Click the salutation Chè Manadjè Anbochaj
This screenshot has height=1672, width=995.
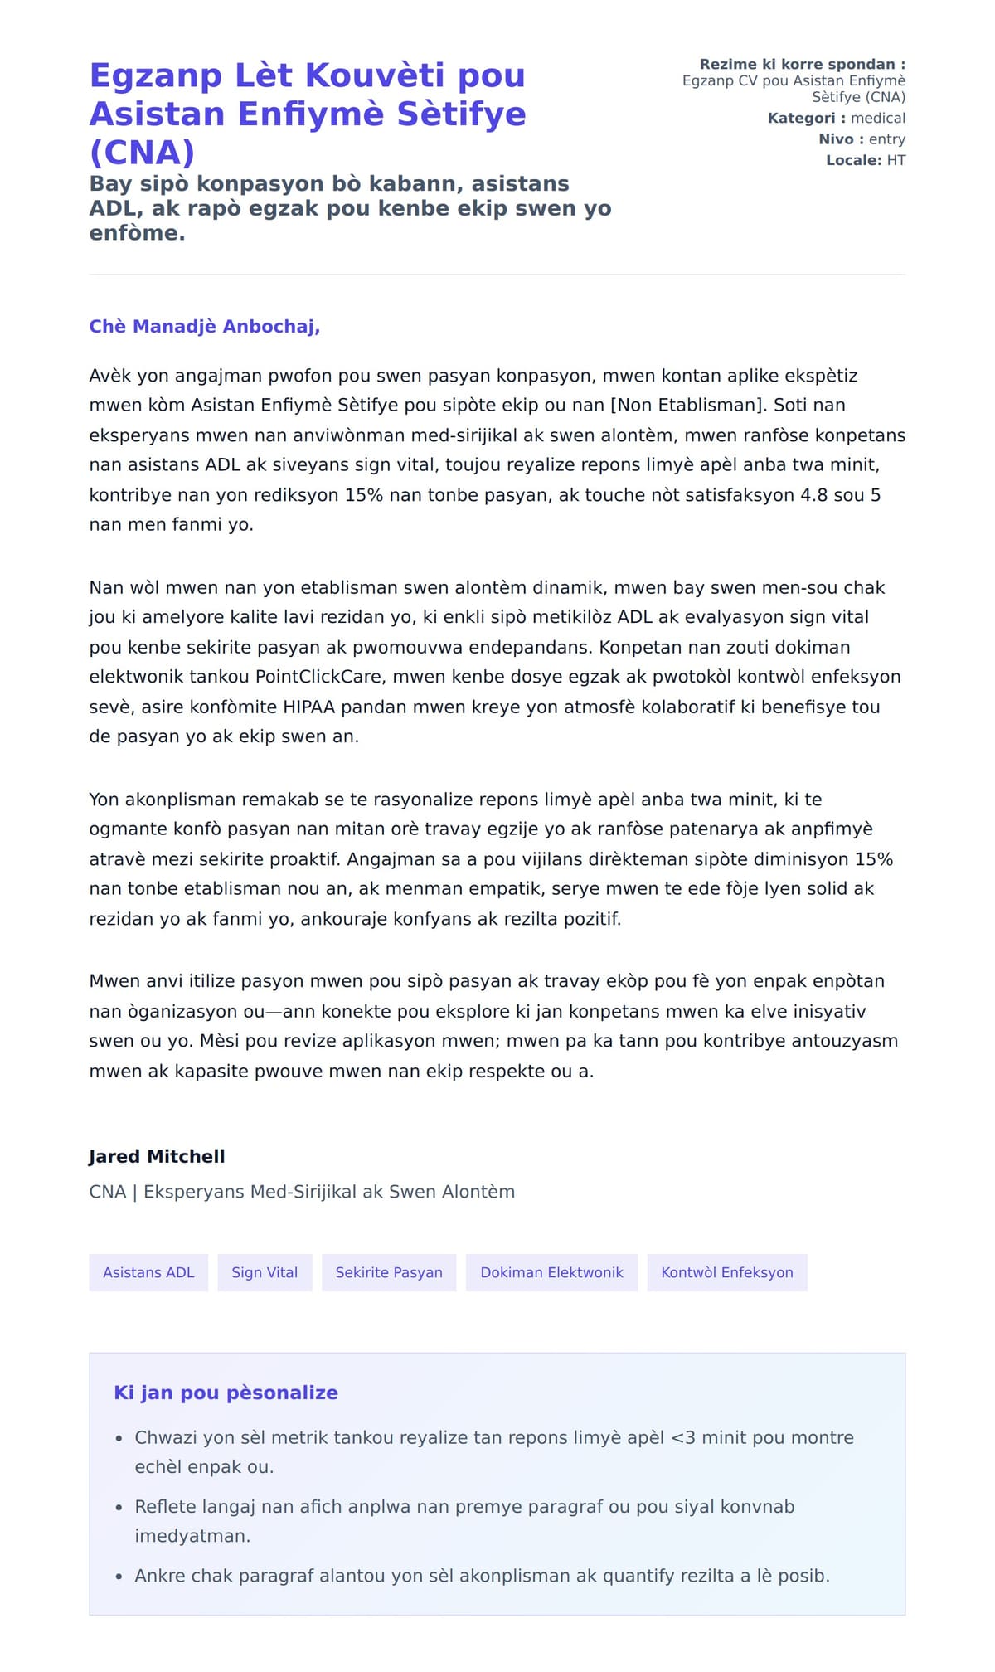[204, 327]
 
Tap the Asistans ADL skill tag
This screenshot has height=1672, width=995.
[148, 1272]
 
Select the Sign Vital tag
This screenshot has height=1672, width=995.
[265, 1272]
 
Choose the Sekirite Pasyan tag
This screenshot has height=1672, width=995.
[389, 1272]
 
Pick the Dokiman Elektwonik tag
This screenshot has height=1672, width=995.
[551, 1272]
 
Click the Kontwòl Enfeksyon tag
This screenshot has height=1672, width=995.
[727, 1272]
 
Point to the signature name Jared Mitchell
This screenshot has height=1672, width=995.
[157, 1156]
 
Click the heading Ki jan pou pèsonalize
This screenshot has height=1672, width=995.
[226, 1393]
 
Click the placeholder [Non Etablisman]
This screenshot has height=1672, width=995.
[689, 406]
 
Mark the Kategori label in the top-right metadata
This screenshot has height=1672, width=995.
[801, 118]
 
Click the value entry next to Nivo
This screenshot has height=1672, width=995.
[886, 139]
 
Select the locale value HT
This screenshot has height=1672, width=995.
[895, 160]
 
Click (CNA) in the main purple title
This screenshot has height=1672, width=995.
[142, 153]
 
